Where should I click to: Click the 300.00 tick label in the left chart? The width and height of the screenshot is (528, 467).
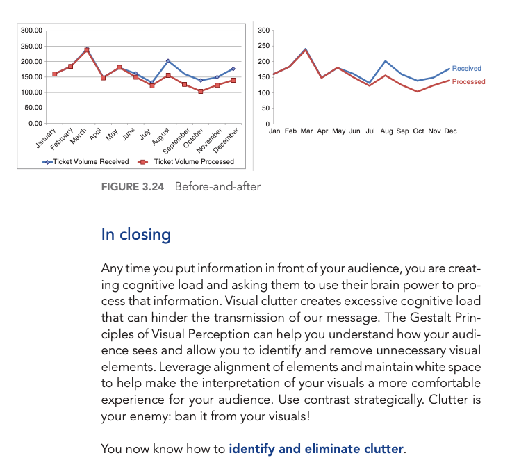tap(31, 31)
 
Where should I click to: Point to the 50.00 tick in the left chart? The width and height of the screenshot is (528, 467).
tap(33, 108)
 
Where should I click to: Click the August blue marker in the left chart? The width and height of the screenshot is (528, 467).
tap(168, 61)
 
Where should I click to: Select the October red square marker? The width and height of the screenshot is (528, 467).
tap(201, 91)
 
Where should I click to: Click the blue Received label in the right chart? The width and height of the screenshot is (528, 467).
tap(466, 69)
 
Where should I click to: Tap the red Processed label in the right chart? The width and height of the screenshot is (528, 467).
tap(468, 82)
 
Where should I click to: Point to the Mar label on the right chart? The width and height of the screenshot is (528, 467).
tap(306, 131)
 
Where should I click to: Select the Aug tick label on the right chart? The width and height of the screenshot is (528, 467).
tap(386, 131)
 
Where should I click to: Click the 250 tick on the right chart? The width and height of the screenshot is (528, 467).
tap(263, 47)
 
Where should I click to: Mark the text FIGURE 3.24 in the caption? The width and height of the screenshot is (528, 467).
tap(133, 186)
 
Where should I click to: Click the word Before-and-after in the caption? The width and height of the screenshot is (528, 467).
tap(217, 186)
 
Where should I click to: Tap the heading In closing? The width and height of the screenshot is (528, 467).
tap(136, 234)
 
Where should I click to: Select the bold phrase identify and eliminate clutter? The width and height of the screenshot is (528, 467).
tap(315, 449)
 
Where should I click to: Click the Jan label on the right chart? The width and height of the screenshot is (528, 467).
tap(274, 131)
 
